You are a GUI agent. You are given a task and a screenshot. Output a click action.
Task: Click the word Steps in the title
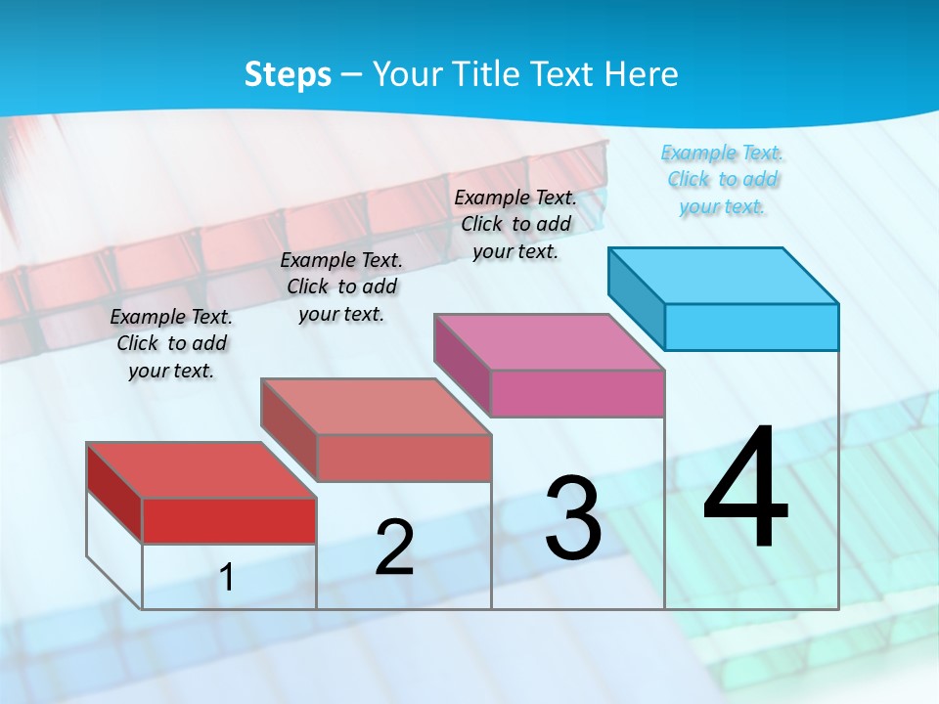tap(288, 74)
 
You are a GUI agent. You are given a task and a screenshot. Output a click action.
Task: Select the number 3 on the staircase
tap(573, 517)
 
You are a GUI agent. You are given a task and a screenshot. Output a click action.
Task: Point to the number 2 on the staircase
tap(394, 548)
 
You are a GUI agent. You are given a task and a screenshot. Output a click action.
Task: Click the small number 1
tap(227, 577)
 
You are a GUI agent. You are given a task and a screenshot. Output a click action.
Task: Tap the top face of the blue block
tap(724, 275)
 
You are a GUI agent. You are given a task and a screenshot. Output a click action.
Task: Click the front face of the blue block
tap(751, 327)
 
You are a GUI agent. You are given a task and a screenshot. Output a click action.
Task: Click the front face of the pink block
tap(577, 393)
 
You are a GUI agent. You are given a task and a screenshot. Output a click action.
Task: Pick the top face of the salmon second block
tap(376, 406)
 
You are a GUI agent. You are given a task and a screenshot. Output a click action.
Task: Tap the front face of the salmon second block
tap(403, 458)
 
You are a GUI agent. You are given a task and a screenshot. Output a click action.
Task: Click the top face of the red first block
tap(201, 470)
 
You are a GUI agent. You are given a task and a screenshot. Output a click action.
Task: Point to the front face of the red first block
tap(229, 520)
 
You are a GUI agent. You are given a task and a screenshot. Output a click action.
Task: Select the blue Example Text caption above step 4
tap(723, 180)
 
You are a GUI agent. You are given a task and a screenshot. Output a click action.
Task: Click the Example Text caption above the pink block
tap(515, 224)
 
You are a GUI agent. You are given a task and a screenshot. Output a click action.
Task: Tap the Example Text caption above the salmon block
tap(341, 286)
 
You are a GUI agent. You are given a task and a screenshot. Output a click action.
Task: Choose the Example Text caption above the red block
tap(171, 343)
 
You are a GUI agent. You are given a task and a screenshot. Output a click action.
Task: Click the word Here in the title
tap(642, 74)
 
